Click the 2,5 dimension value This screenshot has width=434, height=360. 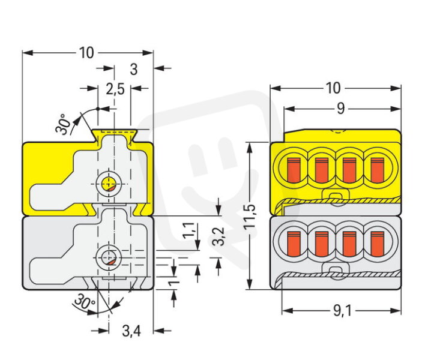point(115,89)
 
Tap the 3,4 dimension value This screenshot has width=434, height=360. point(131,331)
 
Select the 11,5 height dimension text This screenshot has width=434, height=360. point(250,216)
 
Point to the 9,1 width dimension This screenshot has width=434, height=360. point(342,311)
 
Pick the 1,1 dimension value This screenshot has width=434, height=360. point(189,230)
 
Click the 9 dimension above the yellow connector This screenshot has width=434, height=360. point(341,109)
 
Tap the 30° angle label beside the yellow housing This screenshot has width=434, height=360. point(63,124)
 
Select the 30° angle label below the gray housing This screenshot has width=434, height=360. point(85,301)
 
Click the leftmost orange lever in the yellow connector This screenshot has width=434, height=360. point(294,170)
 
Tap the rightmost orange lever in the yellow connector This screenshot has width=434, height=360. point(377,170)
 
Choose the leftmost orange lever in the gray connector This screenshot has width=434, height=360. point(294,244)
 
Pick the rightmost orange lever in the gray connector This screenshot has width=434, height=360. point(377,244)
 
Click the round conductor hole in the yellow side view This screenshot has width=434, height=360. point(109,184)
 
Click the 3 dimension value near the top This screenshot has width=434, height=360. point(134,70)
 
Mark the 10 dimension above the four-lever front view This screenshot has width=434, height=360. point(333,88)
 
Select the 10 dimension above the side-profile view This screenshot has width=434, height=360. point(86,53)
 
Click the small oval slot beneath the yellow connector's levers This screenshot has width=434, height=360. point(336,196)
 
